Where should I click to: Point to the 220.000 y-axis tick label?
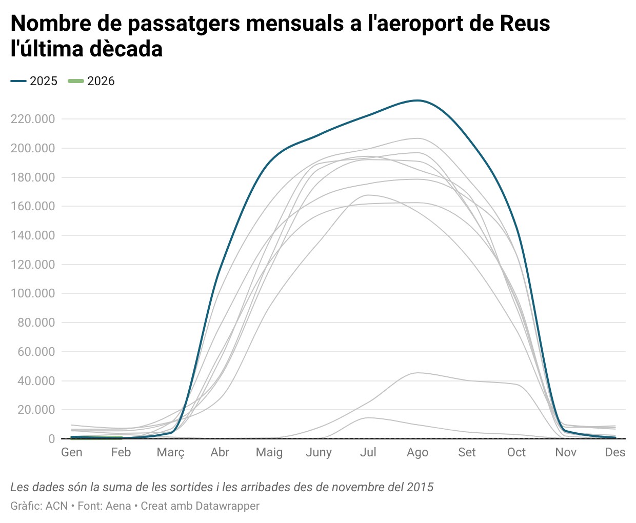33,119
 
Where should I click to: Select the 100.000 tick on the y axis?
33,293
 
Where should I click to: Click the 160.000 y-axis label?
33,206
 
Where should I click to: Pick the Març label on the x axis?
170,452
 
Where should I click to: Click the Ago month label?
418,452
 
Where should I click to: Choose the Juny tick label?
319,452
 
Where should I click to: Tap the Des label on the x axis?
614,452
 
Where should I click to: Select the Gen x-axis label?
72,452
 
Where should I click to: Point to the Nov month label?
565,452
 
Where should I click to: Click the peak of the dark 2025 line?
418,100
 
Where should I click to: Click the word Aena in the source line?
118,506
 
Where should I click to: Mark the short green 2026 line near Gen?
96,437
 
